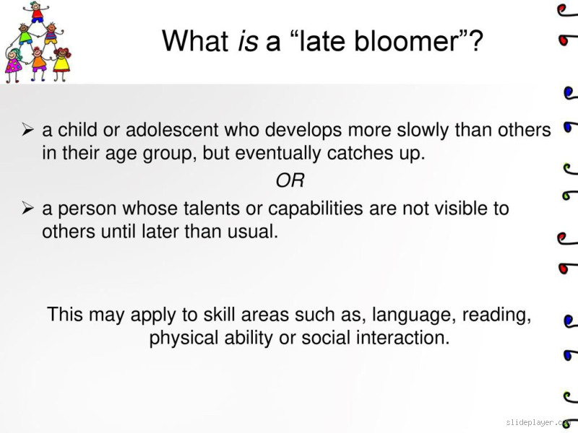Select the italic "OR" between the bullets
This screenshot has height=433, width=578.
290,180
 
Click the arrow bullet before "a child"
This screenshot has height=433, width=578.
28,130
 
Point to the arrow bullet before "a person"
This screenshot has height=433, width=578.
28,209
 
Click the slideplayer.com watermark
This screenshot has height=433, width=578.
538,421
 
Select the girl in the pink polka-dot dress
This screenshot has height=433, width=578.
14,64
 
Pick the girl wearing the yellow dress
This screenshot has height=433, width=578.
61,61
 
